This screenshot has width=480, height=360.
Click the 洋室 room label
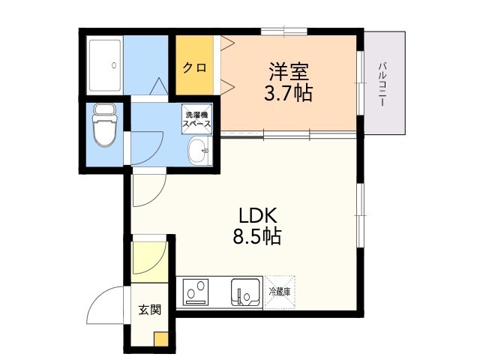click(x=289, y=72)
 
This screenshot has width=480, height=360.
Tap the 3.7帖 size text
click(x=288, y=92)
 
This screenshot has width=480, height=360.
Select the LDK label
click(x=258, y=216)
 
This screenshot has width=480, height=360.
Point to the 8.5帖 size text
click(x=257, y=236)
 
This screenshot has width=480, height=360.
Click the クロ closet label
click(x=194, y=67)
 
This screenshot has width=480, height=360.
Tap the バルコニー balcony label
click(x=382, y=84)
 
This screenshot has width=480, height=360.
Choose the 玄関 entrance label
click(x=150, y=310)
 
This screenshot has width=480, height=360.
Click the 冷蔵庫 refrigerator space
click(x=280, y=292)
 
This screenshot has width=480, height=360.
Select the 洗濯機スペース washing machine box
click(x=196, y=119)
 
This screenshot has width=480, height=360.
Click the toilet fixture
click(x=103, y=125)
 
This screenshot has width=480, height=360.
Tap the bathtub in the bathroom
click(x=105, y=65)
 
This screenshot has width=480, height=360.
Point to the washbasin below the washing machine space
click(x=199, y=151)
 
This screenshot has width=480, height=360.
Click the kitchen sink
click(x=245, y=292)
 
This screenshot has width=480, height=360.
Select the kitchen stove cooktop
click(x=196, y=292)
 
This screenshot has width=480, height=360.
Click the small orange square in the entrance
click(x=161, y=339)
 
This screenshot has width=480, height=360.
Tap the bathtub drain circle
click(x=114, y=65)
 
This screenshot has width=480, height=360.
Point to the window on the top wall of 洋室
click(x=284, y=31)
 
